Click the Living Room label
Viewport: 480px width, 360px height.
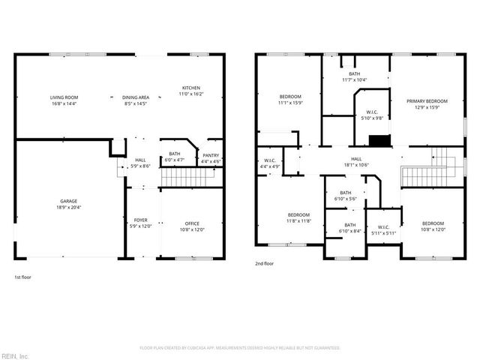pos(64,101)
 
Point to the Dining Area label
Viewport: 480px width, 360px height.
pos(136,101)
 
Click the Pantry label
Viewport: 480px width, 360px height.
pos(211,158)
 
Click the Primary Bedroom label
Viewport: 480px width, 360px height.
pos(427,104)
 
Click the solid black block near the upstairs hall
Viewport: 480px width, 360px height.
pos(379,140)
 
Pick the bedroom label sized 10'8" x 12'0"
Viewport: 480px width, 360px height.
pos(432,226)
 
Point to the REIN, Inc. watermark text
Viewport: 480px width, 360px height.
pos(15,355)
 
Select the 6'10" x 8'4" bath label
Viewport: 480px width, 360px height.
pos(350,228)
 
